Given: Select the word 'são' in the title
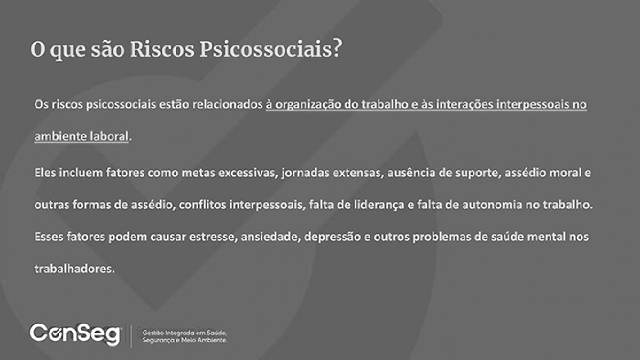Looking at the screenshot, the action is point(108,49).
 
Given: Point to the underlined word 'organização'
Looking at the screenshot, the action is point(308,105).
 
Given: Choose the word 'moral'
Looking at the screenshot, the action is point(565,173).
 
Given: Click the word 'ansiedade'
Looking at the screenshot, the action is point(270,237).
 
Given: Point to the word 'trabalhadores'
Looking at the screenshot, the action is point(74,269).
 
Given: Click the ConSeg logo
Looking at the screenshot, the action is point(75,334).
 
